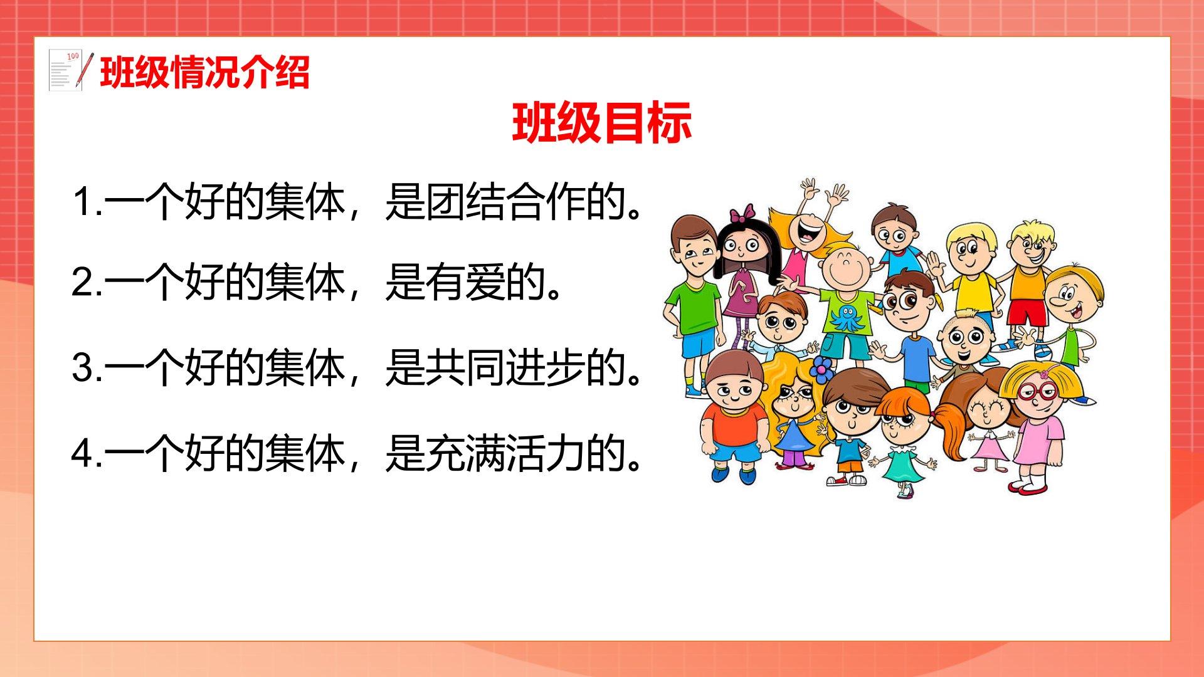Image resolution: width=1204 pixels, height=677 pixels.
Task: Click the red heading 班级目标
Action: pos(602,123)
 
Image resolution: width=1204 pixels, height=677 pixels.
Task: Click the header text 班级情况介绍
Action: pos(205,73)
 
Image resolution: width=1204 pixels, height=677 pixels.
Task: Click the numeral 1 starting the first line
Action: pos(83,202)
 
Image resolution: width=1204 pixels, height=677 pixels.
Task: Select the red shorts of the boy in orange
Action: pos(1027,312)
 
